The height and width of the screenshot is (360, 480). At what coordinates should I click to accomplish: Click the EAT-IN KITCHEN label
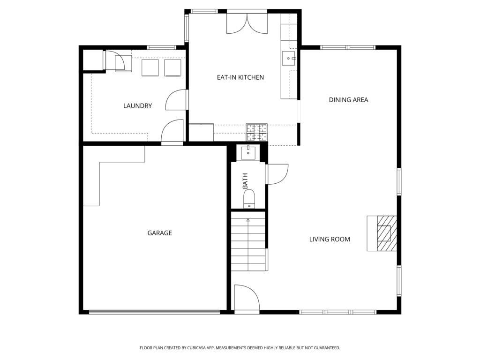tap(240, 77)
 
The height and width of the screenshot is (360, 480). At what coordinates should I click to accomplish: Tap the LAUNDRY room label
tap(137, 106)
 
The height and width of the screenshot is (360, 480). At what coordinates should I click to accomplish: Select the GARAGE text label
tap(159, 233)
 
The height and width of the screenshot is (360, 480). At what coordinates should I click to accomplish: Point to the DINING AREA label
tap(348, 100)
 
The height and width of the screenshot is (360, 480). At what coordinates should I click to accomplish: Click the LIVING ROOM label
tap(330, 240)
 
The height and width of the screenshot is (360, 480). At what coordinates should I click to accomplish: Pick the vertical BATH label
tap(245, 181)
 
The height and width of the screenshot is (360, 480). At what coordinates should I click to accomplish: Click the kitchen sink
tap(289, 59)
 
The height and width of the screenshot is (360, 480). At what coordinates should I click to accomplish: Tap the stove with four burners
tap(256, 132)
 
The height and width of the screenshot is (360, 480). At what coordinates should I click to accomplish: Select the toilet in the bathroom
tap(249, 198)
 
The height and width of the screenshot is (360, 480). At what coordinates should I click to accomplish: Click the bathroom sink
tap(248, 153)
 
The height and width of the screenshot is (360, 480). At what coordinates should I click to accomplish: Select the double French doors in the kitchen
tap(247, 22)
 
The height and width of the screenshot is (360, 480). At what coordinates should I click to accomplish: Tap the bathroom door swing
tap(277, 174)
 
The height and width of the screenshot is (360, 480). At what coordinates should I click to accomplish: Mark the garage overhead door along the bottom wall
tap(154, 312)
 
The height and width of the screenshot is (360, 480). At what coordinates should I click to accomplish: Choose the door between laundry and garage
tap(172, 132)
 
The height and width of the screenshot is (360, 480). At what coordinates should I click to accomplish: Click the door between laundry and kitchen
tap(177, 99)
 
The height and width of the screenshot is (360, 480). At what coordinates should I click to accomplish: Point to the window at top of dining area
tap(348, 47)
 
